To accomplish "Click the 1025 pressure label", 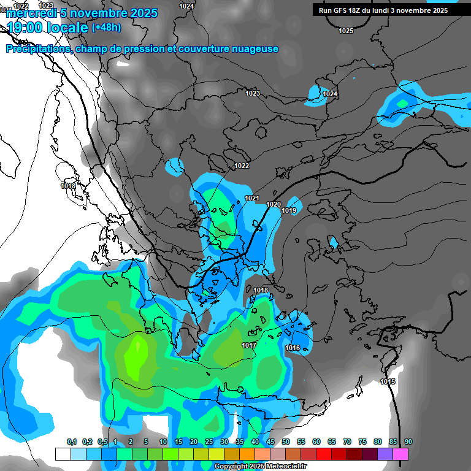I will (346, 31).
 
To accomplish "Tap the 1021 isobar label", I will (252, 198).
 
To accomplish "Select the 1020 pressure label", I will (274, 204).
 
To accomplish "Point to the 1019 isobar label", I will (289, 211).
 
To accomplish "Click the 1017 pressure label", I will (248, 345).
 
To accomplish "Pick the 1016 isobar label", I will (293, 348).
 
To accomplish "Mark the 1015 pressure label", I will (387, 381).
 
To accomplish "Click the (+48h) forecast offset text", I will (106, 28).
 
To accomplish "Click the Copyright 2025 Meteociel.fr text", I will (261, 467).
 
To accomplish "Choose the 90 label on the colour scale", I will (408, 442).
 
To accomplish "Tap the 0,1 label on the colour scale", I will (72, 442).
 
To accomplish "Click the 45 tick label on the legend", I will (270, 442).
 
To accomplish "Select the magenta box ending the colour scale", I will (400, 454).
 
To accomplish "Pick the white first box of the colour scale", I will (63, 454).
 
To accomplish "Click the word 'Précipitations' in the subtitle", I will (36, 49).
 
